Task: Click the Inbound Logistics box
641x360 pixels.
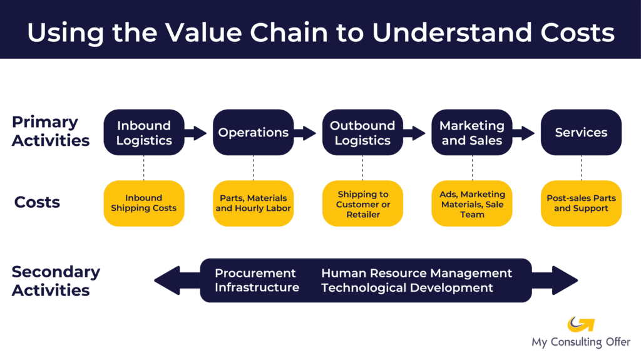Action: coord(144,133)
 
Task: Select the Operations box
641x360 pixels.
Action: coord(253,133)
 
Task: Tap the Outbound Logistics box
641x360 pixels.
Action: coord(362,133)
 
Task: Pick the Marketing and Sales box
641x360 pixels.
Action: coord(472,133)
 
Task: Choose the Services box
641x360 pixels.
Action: coord(581,133)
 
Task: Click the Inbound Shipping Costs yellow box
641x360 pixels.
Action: coord(144,203)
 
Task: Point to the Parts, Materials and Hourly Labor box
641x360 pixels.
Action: coord(253,203)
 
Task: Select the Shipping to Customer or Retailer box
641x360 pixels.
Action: coord(362,203)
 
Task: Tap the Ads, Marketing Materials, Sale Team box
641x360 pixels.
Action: coord(472,203)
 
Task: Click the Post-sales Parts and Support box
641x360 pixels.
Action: coord(581,203)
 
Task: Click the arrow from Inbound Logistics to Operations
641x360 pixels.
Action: coord(197,133)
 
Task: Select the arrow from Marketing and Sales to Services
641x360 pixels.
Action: coord(525,133)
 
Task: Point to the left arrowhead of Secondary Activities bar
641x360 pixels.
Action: coord(167,280)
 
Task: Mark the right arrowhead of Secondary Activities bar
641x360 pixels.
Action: coord(565,280)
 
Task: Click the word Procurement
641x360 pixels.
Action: coord(255,273)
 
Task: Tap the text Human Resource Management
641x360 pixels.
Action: coord(416,273)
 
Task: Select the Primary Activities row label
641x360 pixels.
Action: coord(50,131)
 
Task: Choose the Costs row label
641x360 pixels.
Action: coord(37,202)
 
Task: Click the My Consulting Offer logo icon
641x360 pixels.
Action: coord(580,324)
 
